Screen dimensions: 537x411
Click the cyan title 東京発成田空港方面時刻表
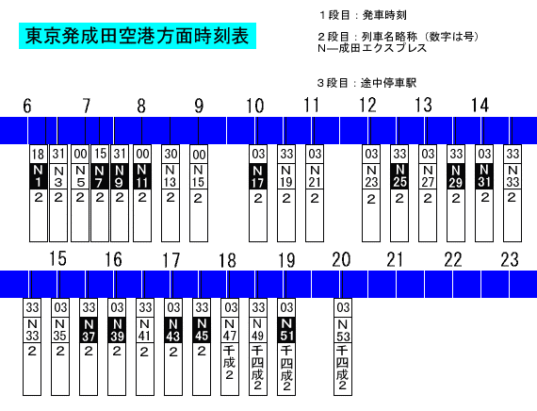[x=138, y=36]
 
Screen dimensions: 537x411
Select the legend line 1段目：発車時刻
[x=363, y=15]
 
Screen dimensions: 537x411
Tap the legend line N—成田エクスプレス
[x=372, y=48]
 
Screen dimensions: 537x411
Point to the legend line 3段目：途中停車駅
[x=366, y=83]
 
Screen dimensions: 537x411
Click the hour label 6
[x=27, y=106]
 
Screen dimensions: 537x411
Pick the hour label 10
[x=255, y=106]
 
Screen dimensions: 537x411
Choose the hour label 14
[x=480, y=106]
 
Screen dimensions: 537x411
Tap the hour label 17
[x=171, y=260]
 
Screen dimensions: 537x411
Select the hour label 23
[x=510, y=259]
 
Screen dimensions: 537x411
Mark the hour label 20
[x=341, y=259]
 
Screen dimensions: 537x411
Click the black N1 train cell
[x=38, y=176]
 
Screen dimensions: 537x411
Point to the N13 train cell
[x=171, y=176]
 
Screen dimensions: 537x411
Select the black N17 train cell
[x=258, y=176]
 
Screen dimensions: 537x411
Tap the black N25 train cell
[x=399, y=176]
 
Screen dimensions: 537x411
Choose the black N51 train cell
[x=286, y=330]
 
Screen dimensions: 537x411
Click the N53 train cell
[x=343, y=330]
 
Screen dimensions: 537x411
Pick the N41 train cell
[x=144, y=330]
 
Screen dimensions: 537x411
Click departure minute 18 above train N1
[x=38, y=155]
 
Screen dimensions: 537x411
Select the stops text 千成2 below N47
[x=230, y=363]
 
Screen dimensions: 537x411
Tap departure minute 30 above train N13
[x=171, y=155]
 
